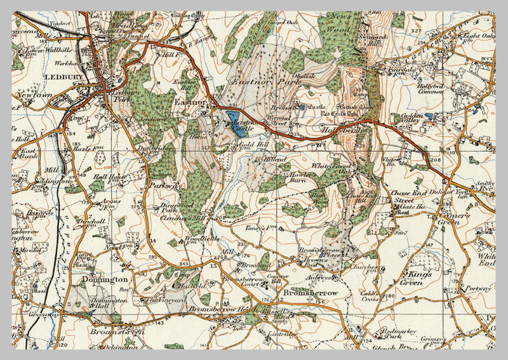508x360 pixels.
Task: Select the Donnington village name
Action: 104,279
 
